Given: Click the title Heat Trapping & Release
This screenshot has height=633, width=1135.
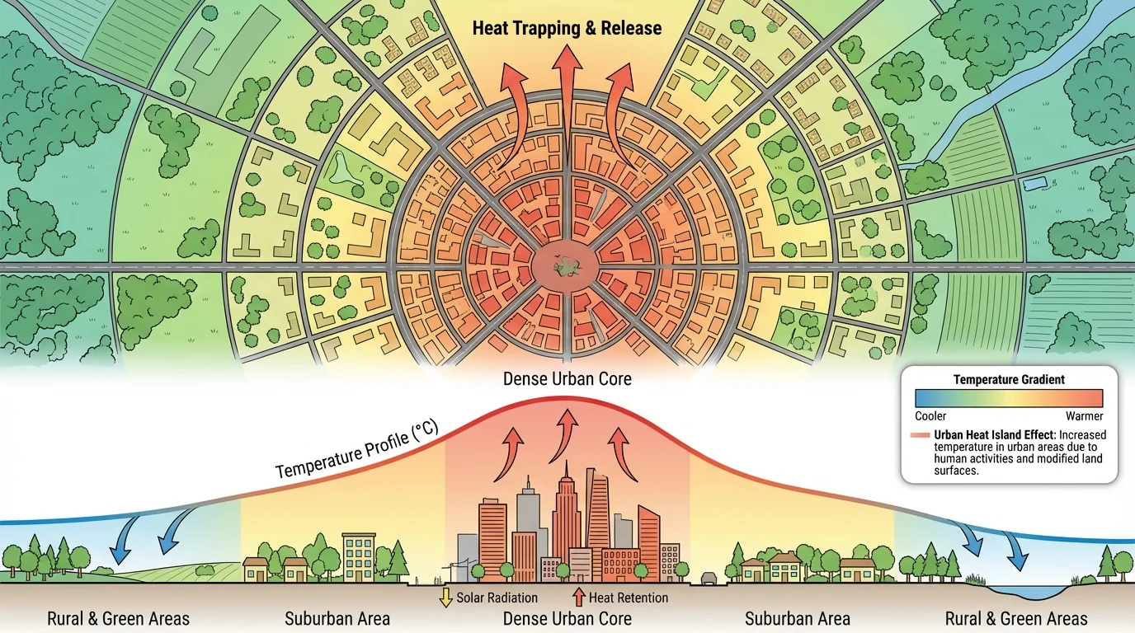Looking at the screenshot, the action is (567, 28).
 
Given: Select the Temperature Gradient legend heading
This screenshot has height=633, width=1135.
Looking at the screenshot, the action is (1009, 380).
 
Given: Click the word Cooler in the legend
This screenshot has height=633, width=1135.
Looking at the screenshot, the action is (930, 416).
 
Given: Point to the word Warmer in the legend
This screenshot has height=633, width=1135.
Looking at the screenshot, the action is (1084, 416).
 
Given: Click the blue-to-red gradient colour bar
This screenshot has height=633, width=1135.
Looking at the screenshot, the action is (1009, 399).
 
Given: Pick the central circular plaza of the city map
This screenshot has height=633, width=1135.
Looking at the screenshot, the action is (567, 267).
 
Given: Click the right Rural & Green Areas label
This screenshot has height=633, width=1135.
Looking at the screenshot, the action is (1015, 618).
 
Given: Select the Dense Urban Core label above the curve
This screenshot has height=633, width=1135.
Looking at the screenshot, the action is (567, 380).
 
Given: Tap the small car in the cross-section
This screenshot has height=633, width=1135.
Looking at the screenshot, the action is (709, 578).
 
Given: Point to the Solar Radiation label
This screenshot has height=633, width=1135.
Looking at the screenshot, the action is (497, 598).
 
